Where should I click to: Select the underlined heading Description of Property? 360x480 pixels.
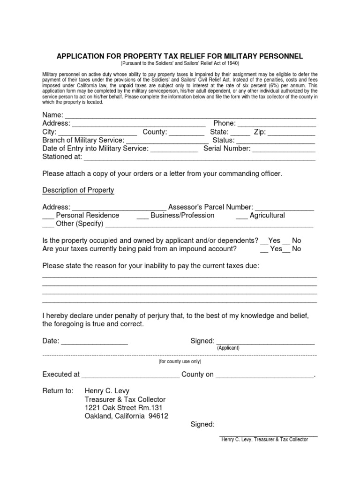point(78,190)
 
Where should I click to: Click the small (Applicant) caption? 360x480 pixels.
point(228,348)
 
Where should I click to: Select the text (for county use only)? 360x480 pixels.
point(180,361)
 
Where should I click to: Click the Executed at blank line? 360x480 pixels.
point(130,376)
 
